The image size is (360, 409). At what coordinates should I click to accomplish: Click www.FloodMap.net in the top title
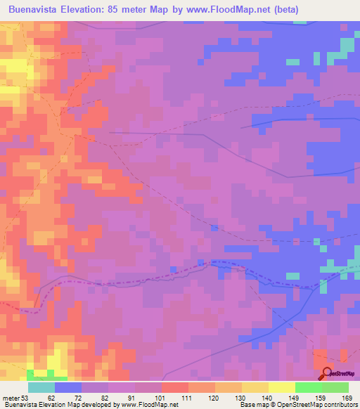[226, 9]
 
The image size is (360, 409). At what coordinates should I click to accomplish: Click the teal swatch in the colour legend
[41, 388]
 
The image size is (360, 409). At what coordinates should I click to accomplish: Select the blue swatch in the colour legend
[68, 388]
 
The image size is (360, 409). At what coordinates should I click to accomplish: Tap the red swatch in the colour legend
[175, 388]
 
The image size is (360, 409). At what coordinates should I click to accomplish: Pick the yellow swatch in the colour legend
[255, 388]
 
